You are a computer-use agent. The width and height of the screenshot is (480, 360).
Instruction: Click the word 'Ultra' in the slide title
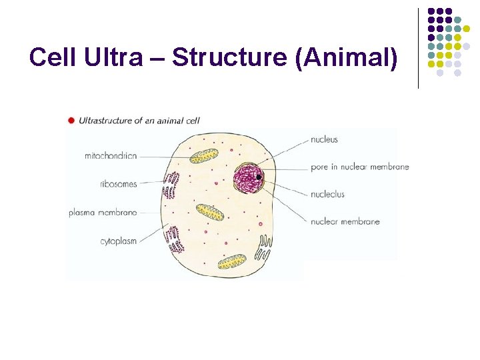coord(113,58)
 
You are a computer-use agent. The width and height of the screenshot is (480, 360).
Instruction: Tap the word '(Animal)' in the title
coord(345,58)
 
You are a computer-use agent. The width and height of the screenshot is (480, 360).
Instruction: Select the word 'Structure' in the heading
coord(230,58)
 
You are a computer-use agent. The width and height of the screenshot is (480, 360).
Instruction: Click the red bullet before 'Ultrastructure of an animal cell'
coord(71,121)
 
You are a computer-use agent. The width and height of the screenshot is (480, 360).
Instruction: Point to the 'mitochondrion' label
coord(111,156)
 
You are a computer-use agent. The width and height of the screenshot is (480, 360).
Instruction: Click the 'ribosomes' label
coord(118,184)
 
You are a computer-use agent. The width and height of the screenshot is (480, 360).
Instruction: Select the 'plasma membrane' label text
coord(103,213)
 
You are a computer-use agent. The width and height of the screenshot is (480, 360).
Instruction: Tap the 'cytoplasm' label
coord(118,241)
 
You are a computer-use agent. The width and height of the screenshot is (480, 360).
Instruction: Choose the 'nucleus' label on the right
coord(324,139)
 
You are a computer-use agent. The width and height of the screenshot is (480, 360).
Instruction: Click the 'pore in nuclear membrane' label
coord(359,167)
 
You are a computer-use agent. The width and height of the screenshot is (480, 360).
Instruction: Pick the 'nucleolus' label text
coord(327,194)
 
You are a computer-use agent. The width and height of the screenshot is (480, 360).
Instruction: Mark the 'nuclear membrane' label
coord(345,221)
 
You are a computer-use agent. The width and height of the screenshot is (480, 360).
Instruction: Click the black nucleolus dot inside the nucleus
coord(259,177)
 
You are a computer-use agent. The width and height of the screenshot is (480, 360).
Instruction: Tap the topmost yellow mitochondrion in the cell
coord(204,156)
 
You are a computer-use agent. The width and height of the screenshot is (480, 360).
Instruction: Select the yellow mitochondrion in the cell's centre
coord(209,212)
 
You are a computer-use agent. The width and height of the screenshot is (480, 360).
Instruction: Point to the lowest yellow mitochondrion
coord(233,261)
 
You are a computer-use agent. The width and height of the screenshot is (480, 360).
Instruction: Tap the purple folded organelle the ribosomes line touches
coord(173,185)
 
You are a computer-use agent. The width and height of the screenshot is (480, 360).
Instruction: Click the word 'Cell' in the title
coord(53,58)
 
